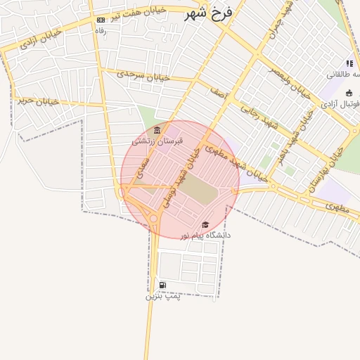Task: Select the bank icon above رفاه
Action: point(101,20)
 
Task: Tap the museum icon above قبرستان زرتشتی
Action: point(157,131)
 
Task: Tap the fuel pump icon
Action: point(163,285)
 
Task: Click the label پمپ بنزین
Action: point(163,296)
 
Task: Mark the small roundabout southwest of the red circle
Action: point(154,219)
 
